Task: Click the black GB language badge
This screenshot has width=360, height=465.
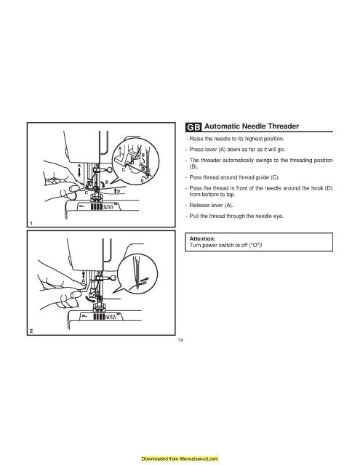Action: pyautogui.click(x=193, y=127)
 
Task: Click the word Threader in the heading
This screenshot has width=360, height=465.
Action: pyautogui.click(x=283, y=126)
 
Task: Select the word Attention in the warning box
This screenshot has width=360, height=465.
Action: pyautogui.click(x=202, y=239)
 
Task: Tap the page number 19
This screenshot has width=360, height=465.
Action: pyautogui.click(x=180, y=340)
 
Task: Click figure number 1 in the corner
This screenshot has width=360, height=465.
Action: pyautogui.click(x=31, y=223)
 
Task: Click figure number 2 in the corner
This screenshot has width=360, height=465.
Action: pyautogui.click(x=31, y=331)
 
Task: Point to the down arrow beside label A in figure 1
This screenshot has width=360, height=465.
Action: pyautogui.click(x=79, y=172)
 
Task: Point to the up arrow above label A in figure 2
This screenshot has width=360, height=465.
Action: pyautogui.click(x=84, y=275)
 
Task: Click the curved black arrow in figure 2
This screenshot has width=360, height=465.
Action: pyautogui.click(x=90, y=298)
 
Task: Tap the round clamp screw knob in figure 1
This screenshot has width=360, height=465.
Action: pyautogui.click(x=110, y=170)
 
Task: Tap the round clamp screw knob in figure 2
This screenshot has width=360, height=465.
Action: pyautogui.click(x=113, y=278)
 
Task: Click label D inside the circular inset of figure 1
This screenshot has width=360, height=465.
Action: pyautogui.click(x=142, y=180)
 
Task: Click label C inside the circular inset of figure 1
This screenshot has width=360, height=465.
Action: pyautogui.click(x=123, y=170)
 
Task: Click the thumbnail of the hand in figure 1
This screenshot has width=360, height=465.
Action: pyautogui.click(x=73, y=189)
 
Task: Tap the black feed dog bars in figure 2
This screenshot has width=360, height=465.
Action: pyautogui.click(x=99, y=317)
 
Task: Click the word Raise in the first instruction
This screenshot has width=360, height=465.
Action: pyautogui.click(x=196, y=139)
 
